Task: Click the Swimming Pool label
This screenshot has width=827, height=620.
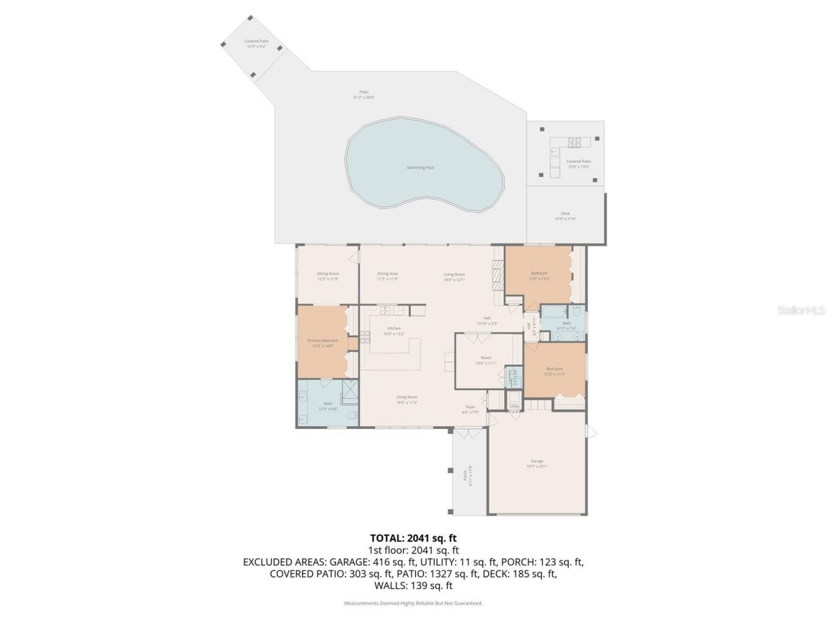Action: (420, 167)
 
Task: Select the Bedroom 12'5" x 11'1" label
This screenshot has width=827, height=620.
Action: (555, 371)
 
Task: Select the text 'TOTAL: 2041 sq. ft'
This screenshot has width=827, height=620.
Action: (413, 537)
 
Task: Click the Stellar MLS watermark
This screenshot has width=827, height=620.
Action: (801, 310)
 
